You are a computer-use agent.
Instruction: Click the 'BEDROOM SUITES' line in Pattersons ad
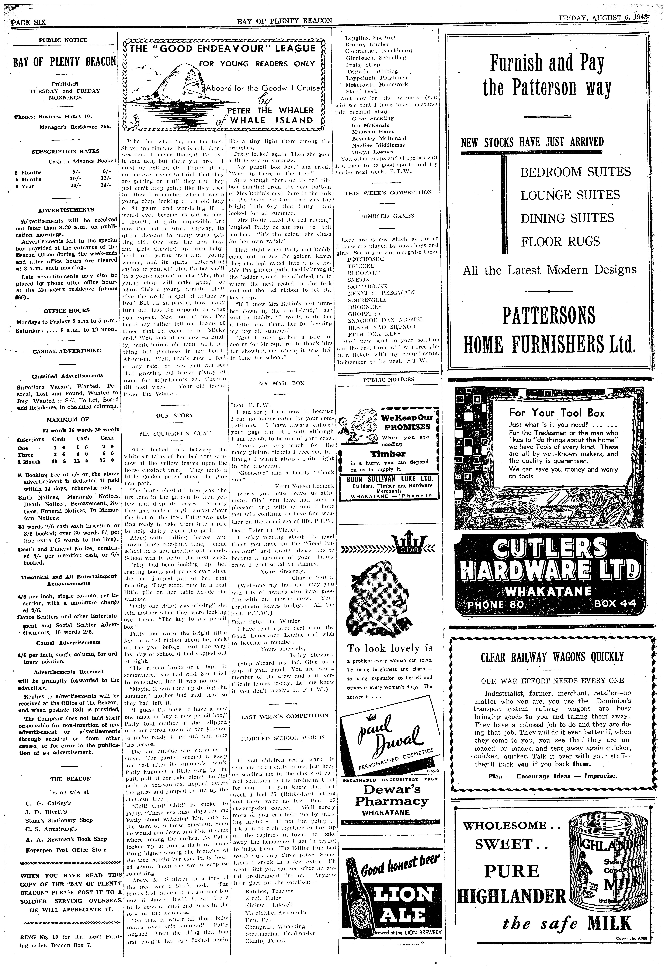click(575, 172)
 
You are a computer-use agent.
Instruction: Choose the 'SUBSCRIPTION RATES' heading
click(66, 151)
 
